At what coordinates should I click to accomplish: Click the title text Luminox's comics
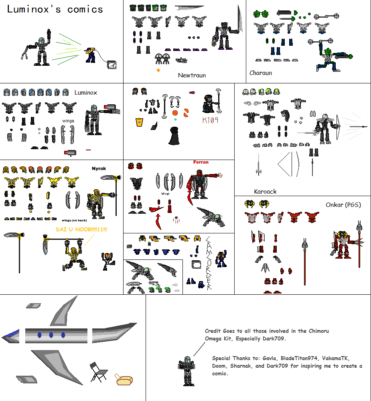55,9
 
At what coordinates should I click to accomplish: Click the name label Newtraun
192,75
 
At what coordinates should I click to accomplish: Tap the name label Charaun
261,73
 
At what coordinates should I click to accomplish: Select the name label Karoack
265,191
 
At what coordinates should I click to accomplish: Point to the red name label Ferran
201,162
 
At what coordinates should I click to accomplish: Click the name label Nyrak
99,169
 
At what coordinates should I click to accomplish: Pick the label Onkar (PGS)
343,205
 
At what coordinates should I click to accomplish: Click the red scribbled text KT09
210,120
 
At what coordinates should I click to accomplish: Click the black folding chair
98,372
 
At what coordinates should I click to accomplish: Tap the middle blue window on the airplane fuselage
51,335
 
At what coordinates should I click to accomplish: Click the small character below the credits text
186,371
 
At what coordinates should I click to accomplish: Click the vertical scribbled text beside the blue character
209,263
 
